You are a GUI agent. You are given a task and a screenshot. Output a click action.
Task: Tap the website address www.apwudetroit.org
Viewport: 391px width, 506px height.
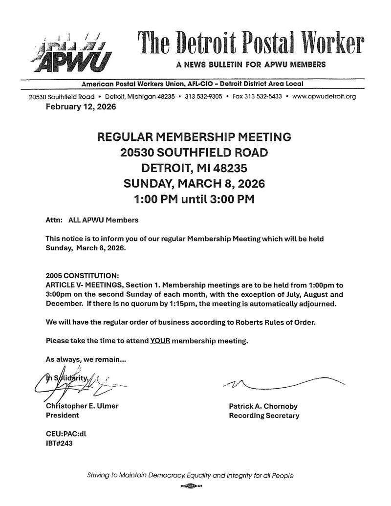324,96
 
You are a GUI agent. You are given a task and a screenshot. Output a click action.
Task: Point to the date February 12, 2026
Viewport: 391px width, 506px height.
81,107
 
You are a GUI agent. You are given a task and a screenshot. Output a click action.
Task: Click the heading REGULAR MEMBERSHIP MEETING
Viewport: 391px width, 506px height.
195,137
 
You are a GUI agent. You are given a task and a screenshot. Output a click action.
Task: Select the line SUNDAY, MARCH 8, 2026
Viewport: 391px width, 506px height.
195,184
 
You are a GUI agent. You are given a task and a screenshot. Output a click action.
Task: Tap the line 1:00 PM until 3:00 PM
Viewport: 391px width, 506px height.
195,199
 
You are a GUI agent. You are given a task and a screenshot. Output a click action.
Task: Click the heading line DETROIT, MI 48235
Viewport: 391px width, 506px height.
195,168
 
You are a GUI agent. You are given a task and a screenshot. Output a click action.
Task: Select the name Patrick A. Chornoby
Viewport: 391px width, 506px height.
263,406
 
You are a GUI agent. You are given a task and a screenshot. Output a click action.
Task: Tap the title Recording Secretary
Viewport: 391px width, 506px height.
264,416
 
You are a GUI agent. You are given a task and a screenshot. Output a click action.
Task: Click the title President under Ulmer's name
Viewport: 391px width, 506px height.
62,416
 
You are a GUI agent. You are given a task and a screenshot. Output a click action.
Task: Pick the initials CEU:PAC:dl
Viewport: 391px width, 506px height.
66,434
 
